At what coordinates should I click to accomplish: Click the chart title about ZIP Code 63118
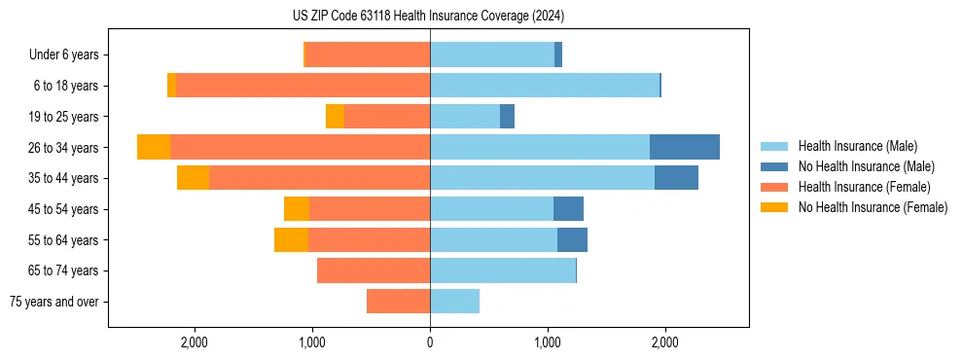(x=428, y=17)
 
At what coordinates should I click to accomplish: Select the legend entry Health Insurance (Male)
(x=856, y=146)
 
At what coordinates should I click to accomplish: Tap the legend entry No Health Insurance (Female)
(x=873, y=207)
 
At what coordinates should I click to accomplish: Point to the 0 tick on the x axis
(x=430, y=342)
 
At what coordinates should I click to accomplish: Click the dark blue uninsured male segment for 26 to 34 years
(x=685, y=147)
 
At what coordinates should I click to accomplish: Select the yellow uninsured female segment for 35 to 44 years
(x=193, y=178)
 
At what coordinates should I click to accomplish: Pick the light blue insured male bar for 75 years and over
(x=454, y=302)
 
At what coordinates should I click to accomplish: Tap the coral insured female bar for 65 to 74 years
(x=374, y=270)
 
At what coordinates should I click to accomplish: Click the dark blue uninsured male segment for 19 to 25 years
(x=507, y=117)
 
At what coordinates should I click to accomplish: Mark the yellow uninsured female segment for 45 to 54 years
(x=297, y=209)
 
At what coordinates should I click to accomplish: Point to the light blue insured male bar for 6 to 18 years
(x=545, y=86)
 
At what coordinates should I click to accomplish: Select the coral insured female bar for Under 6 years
(x=368, y=54)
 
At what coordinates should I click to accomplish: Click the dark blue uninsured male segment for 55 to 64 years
(x=572, y=239)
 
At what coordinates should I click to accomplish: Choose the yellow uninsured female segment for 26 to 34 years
(x=154, y=147)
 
